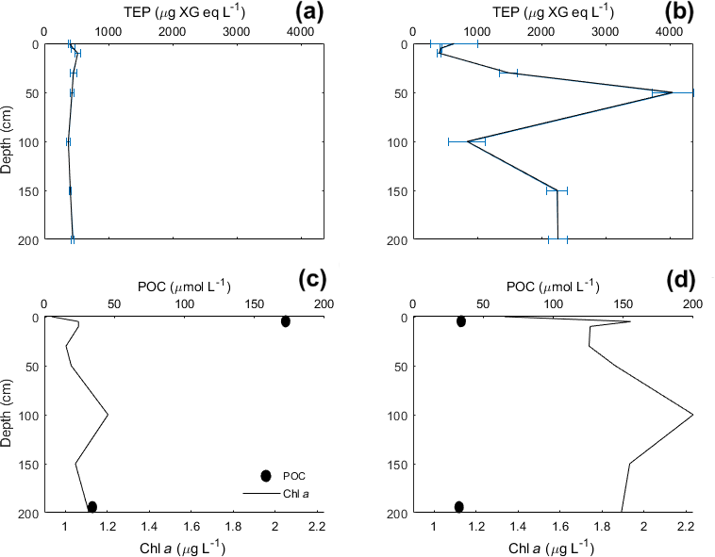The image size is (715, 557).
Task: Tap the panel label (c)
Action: click(310, 280)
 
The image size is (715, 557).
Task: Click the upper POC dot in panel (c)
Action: click(286, 321)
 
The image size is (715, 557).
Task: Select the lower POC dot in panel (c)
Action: click(92, 507)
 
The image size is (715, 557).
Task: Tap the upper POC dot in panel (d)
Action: click(461, 321)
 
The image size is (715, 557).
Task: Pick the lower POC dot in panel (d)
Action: click(459, 507)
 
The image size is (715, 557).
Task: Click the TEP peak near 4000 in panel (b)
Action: click(671, 92)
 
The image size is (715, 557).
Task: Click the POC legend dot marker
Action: click(266, 476)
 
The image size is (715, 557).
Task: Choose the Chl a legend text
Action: click(297, 493)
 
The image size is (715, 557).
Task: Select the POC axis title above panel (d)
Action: click(551, 286)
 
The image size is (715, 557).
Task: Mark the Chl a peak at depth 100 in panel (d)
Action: click(692, 415)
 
